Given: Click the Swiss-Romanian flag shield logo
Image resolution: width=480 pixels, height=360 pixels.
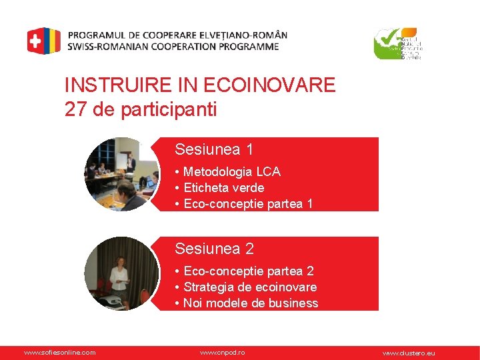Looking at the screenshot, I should pos(43,41).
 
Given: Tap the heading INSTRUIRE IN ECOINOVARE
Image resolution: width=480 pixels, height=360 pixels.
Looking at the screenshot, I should pos(200,85).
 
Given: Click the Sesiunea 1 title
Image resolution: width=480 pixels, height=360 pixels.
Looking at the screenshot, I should pos(214,149).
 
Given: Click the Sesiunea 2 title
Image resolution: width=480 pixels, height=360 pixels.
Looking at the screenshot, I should pos(214,249).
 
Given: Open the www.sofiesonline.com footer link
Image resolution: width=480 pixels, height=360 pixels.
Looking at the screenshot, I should pos(59,352).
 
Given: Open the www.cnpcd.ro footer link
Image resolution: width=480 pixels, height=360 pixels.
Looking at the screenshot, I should pos(223,352).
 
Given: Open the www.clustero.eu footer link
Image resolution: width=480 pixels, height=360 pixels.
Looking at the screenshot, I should pos(408,353).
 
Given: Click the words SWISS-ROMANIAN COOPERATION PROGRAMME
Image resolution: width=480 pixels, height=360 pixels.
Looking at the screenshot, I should pos(173,47).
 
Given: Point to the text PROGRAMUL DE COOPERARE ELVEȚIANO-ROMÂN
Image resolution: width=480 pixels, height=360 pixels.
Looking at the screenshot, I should pos(177,35).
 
